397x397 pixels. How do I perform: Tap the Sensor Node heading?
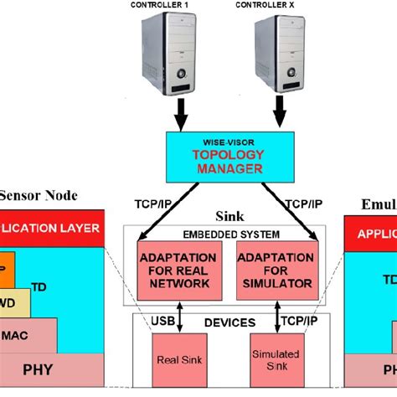click(x=38, y=196)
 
